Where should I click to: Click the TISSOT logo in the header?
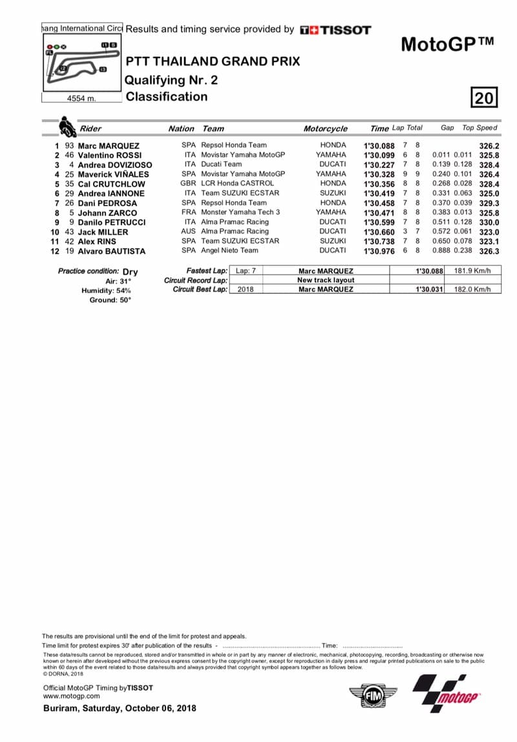pyautogui.click(x=335, y=30)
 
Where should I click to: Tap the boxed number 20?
pyautogui.click(x=485, y=98)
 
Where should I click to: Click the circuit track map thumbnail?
pyautogui.click(x=81, y=63)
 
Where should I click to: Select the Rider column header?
pyautogui.click(x=90, y=129)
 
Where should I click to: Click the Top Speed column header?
pyautogui.click(x=480, y=128)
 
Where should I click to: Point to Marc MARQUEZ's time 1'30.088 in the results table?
pyautogui.click(x=379, y=146)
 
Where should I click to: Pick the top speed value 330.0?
pyautogui.click(x=489, y=222)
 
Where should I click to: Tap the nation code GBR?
pyautogui.click(x=189, y=184)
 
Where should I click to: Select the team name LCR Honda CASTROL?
pyautogui.click(x=237, y=184)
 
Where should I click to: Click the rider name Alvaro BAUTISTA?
pyautogui.click(x=112, y=251)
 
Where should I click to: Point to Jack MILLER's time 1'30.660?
pyautogui.click(x=379, y=232)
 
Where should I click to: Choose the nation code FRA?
pyautogui.click(x=189, y=213)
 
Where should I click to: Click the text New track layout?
pyautogui.click(x=326, y=281)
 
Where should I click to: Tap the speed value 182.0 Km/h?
pyautogui.click(x=472, y=290)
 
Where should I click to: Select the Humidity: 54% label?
pyautogui.click(x=106, y=291)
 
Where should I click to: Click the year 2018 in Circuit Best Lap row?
pyautogui.click(x=246, y=290)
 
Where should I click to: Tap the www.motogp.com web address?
pyautogui.click(x=71, y=696)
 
